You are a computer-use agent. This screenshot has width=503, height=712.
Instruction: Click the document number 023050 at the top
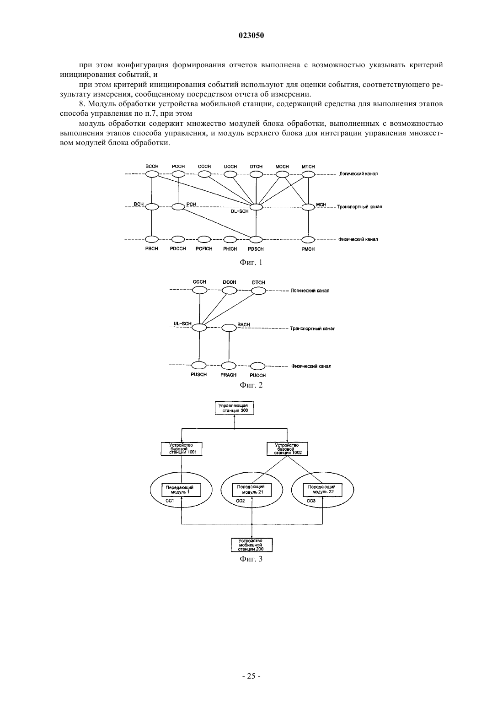click(x=251, y=36)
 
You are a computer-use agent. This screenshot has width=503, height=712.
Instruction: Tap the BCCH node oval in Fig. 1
click(x=152, y=174)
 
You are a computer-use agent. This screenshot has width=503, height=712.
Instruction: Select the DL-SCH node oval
click(x=256, y=207)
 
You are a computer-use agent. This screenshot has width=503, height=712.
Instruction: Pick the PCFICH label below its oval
click(x=204, y=249)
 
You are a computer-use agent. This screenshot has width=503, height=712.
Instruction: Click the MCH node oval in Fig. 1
click(x=308, y=207)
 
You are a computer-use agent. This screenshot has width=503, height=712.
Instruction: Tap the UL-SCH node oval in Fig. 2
click(x=199, y=327)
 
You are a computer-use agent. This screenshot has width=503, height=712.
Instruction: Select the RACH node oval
click(x=229, y=328)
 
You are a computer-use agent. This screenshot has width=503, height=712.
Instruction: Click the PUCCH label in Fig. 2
click(x=258, y=375)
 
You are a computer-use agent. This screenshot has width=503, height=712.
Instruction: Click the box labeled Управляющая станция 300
click(x=235, y=408)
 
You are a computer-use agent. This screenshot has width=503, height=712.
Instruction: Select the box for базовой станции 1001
click(x=182, y=449)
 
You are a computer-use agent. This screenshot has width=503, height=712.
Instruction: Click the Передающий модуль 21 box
click(x=251, y=490)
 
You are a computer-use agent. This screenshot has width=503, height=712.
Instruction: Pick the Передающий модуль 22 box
click(x=322, y=490)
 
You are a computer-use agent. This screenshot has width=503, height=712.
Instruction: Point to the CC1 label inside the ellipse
click(x=170, y=501)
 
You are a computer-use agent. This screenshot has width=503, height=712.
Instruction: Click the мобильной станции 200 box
click(x=252, y=545)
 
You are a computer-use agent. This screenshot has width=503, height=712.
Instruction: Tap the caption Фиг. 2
click(x=251, y=385)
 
